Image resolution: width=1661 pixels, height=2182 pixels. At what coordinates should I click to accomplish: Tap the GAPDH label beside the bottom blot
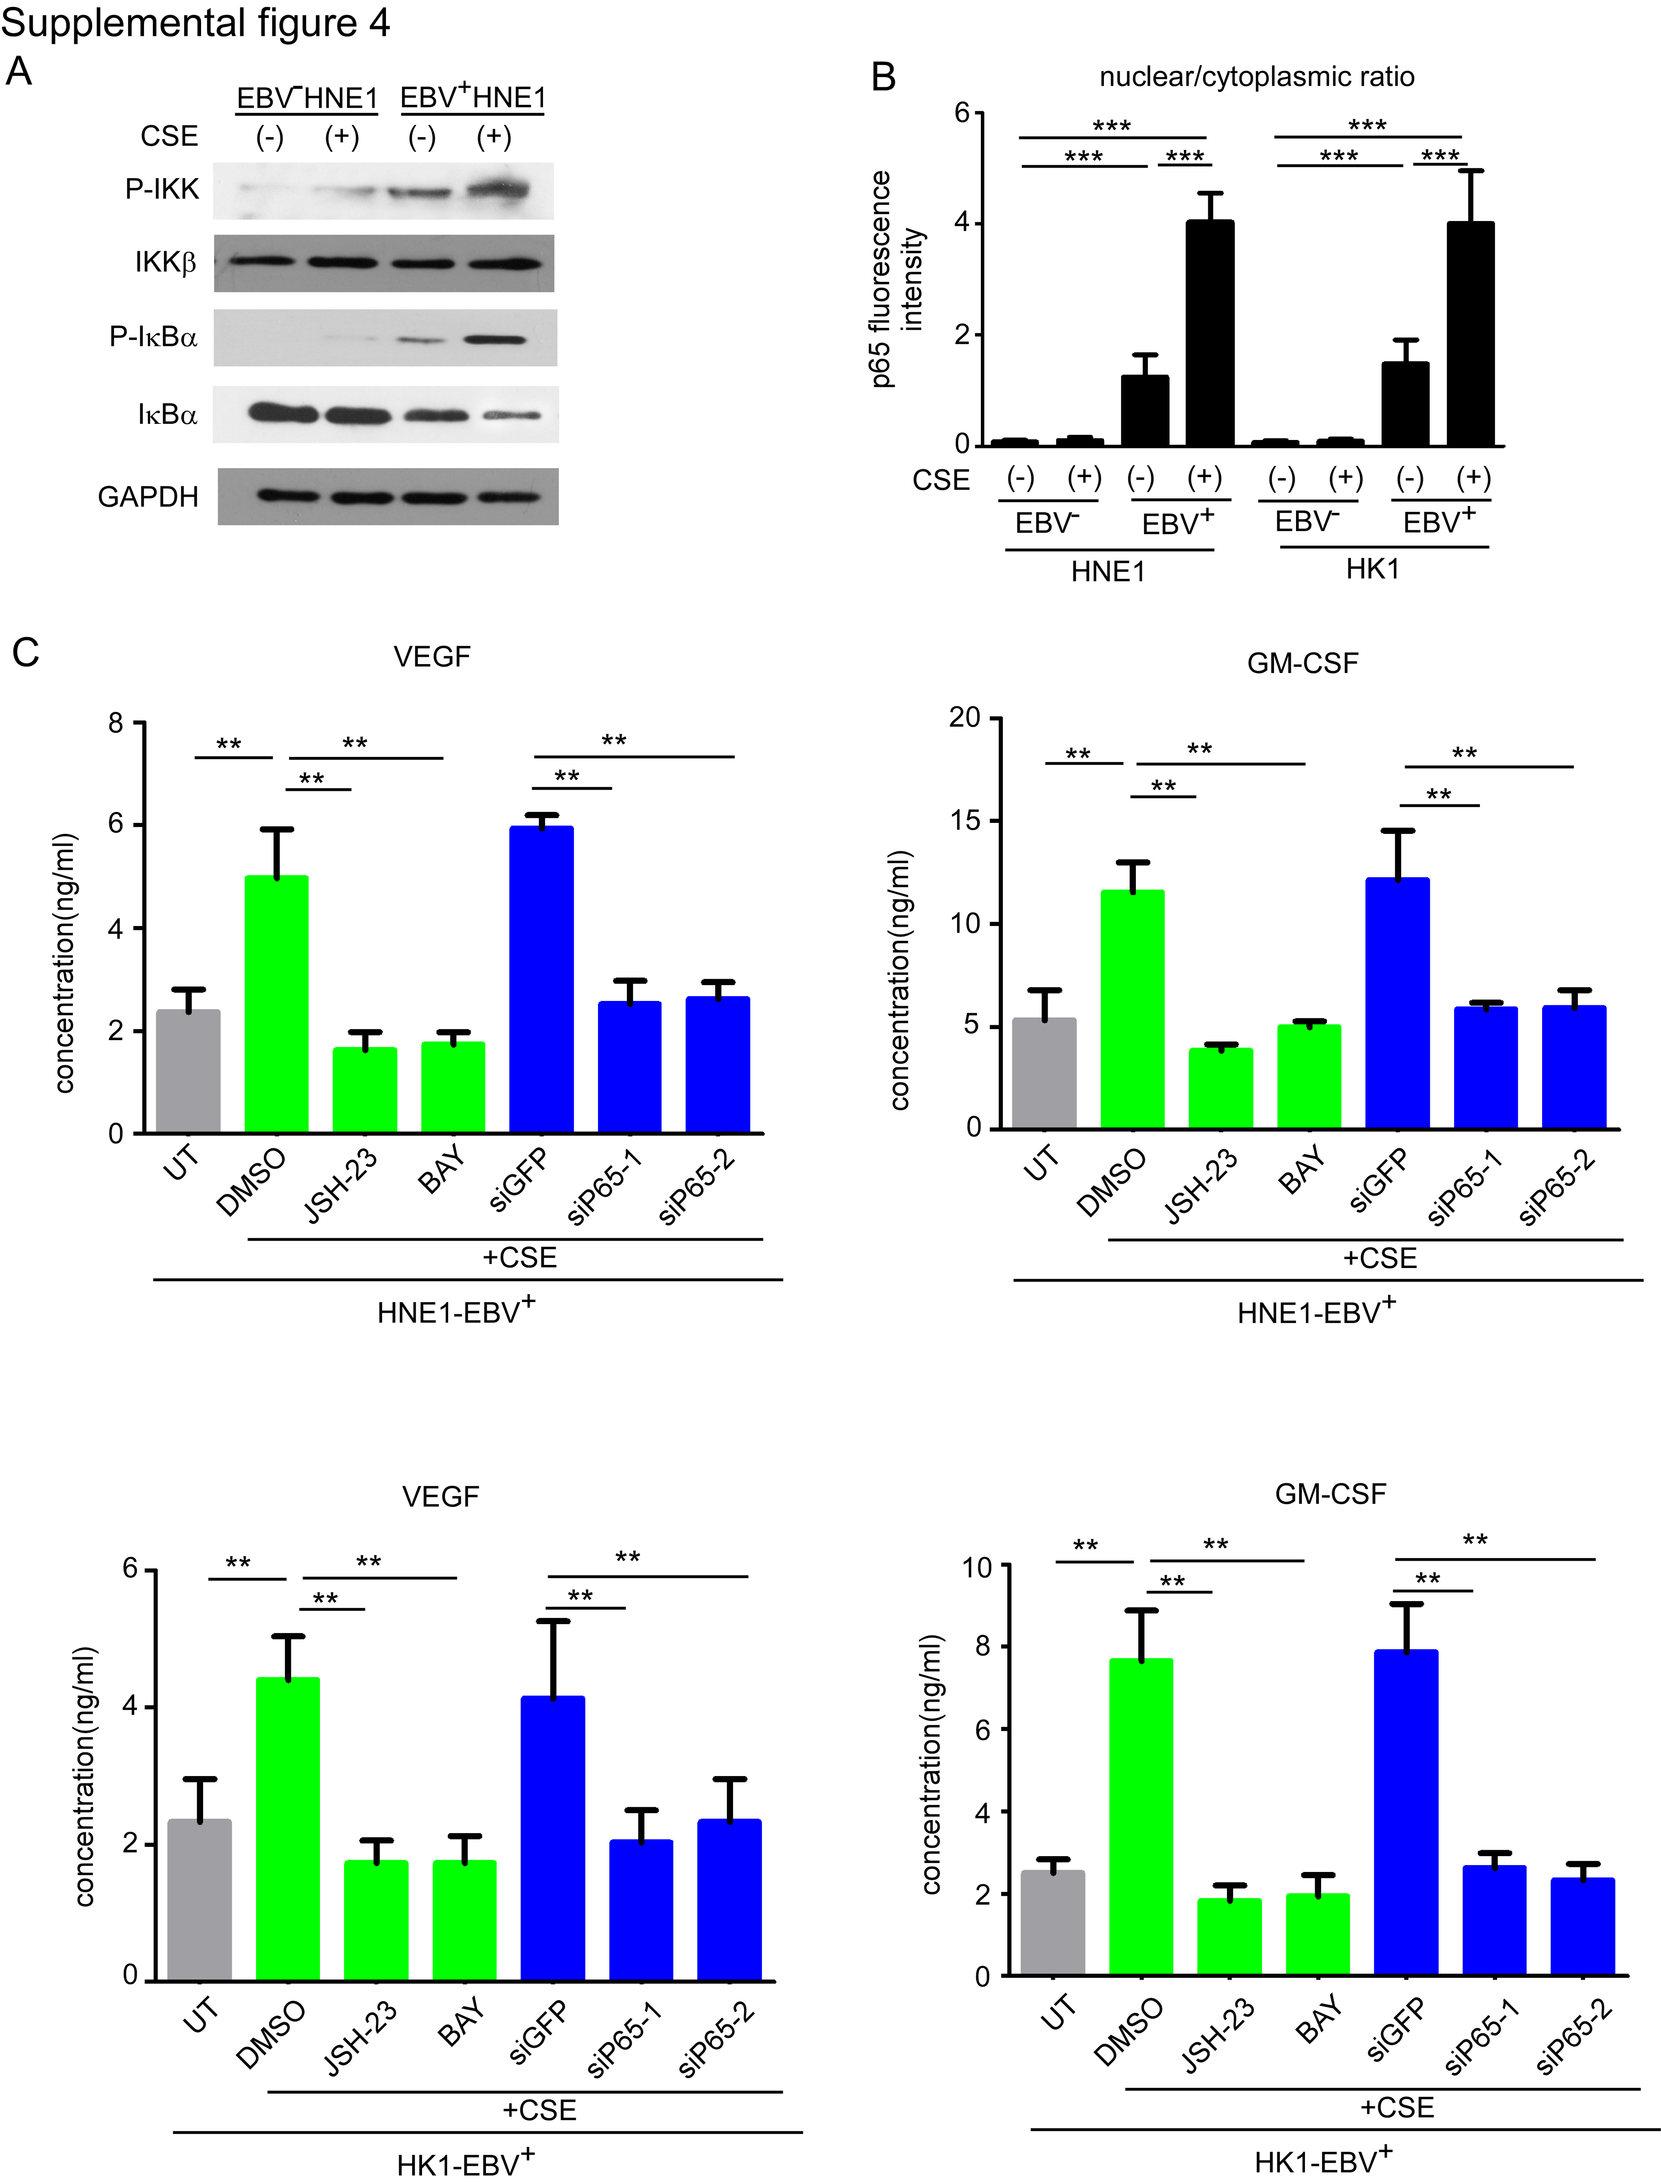148,496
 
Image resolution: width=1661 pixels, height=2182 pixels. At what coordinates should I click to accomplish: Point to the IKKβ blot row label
165,263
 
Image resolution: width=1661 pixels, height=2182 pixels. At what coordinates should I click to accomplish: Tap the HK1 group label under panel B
1372,569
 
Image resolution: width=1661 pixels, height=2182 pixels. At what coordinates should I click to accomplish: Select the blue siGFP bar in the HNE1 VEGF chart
541,979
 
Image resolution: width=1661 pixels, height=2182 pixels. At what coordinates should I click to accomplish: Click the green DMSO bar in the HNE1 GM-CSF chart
1132,1009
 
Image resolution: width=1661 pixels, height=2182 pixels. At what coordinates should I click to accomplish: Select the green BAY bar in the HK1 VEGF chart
464,1920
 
